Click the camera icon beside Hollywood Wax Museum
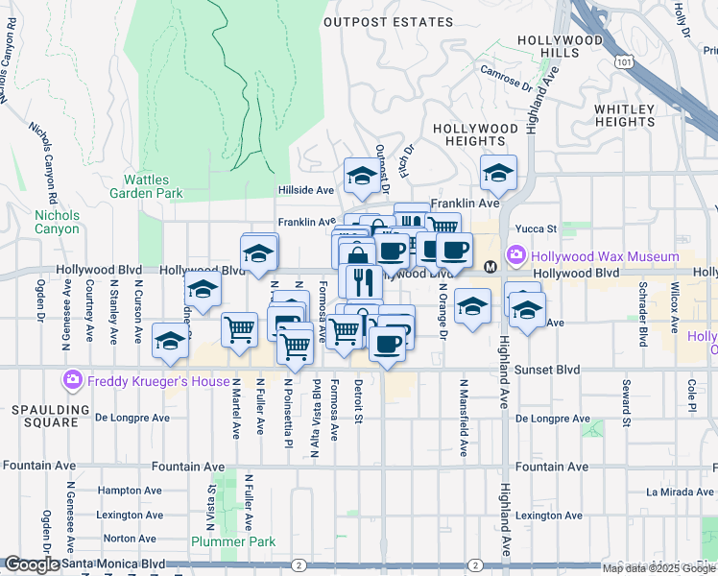pyautogui.click(x=516, y=256)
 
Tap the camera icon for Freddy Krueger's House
pyautogui.click(x=73, y=381)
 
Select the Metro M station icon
pyautogui.click(x=490, y=267)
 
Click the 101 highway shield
pyautogui.click(x=625, y=61)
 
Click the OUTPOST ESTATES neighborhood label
pyautogui.click(x=388, y=22)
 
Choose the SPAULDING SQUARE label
pyautogui.click(x=44, y=416)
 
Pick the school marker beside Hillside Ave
pyautogui.click(x=361, y=176)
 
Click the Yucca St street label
pyautogui.click(x=538, y=228)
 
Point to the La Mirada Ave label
pyautogui.click(x=680, y=492)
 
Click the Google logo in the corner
pyautogui.click(x=32, y=565)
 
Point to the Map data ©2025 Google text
pyautogui.click(x=658, y=568)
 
